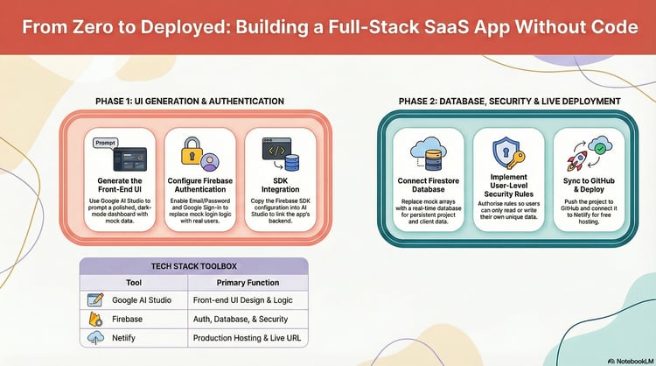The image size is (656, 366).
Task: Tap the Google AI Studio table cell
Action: (141, 300)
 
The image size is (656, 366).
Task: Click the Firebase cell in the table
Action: (128, 319)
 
